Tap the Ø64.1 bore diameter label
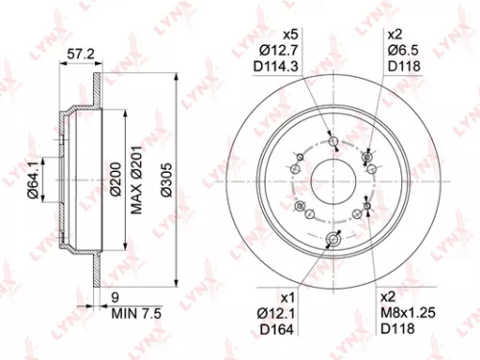(33, 180)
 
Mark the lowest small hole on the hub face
(333, 240)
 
